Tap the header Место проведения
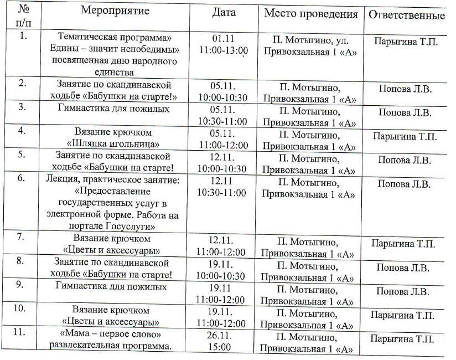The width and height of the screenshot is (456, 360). tap(310, 14)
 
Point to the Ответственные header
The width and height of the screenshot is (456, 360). tap(406, 16)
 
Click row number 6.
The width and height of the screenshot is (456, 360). tap(21, 179)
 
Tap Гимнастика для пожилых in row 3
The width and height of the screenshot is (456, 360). tap(113, 109)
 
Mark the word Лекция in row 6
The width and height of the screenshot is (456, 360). tap(60, 179)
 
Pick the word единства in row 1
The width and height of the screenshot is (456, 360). tap(114, 72)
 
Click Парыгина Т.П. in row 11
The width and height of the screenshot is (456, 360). tap(402, 339)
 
